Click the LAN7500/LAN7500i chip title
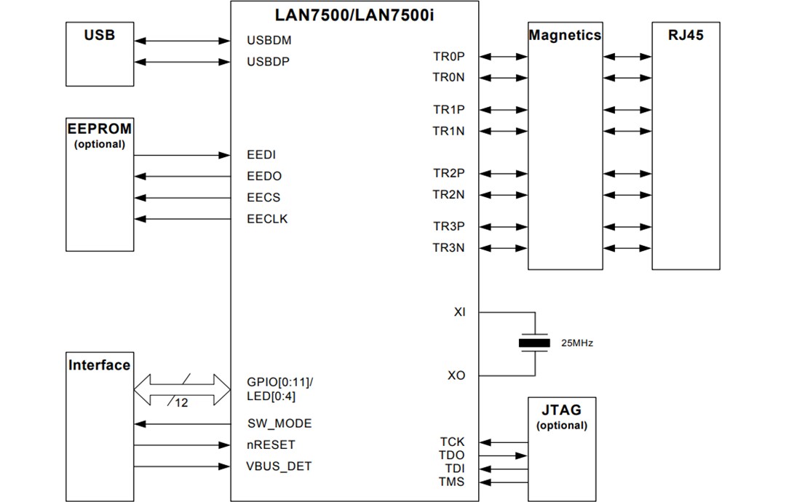(x=354, y=14)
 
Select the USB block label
(x=99, y=35)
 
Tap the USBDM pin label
(x=269, y=41)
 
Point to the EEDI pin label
(x=261, y=155)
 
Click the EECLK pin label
(x=267, y=219)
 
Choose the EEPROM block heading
(x=100, y=129)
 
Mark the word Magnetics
(x=565, y=35)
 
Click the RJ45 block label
(x=686, y=35)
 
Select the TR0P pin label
(x=448, y=56)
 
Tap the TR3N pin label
(x=448, y=248)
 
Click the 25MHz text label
(x=576, y=343)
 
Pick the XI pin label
(x=459, y=312)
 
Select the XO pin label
(x=456, y=375)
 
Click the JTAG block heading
(x=561, y=410)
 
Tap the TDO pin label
(x=452, y=455)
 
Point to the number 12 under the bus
(x=181, y=402)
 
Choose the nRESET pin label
(x=271, y=445)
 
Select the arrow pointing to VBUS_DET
(x=183, y=466)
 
